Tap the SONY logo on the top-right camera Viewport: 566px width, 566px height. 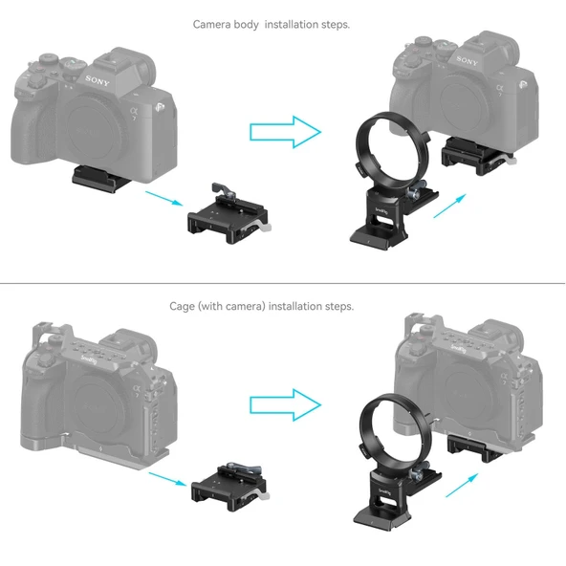point(467,61)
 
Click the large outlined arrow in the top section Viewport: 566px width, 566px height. point(285,132)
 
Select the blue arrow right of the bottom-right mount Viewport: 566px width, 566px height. point(464,484)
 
